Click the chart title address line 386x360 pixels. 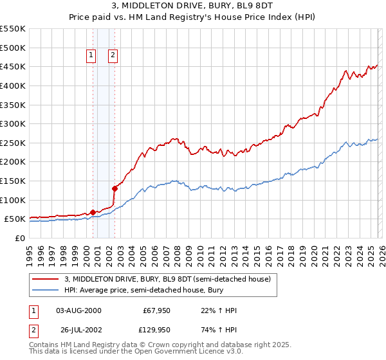193,5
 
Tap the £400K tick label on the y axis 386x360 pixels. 13,85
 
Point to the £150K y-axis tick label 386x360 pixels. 13,181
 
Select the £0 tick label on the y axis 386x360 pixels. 19,238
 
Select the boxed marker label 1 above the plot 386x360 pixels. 91,56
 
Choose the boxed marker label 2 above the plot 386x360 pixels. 113,56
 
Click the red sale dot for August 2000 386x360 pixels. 93,212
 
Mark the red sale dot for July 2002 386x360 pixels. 115,188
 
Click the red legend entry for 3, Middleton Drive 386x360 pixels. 170,279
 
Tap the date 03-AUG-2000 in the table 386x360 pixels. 79,310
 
